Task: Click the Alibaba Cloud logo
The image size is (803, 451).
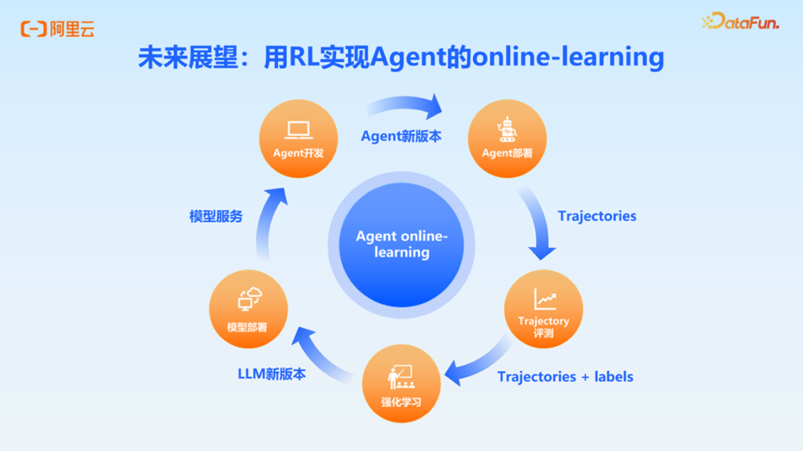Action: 57,29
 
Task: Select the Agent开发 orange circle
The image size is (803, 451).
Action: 298,139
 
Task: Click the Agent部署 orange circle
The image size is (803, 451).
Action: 507,139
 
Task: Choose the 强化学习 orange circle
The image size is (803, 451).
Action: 401,383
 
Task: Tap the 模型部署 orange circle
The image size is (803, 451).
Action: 248,309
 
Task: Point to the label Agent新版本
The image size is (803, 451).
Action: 401,136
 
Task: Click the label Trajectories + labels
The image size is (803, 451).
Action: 565,377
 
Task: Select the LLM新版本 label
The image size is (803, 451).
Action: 271,374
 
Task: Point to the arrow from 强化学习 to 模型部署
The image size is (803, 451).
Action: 320,357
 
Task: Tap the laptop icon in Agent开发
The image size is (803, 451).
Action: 298,131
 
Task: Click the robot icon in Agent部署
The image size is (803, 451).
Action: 507,129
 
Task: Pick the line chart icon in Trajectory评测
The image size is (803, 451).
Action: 544,299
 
